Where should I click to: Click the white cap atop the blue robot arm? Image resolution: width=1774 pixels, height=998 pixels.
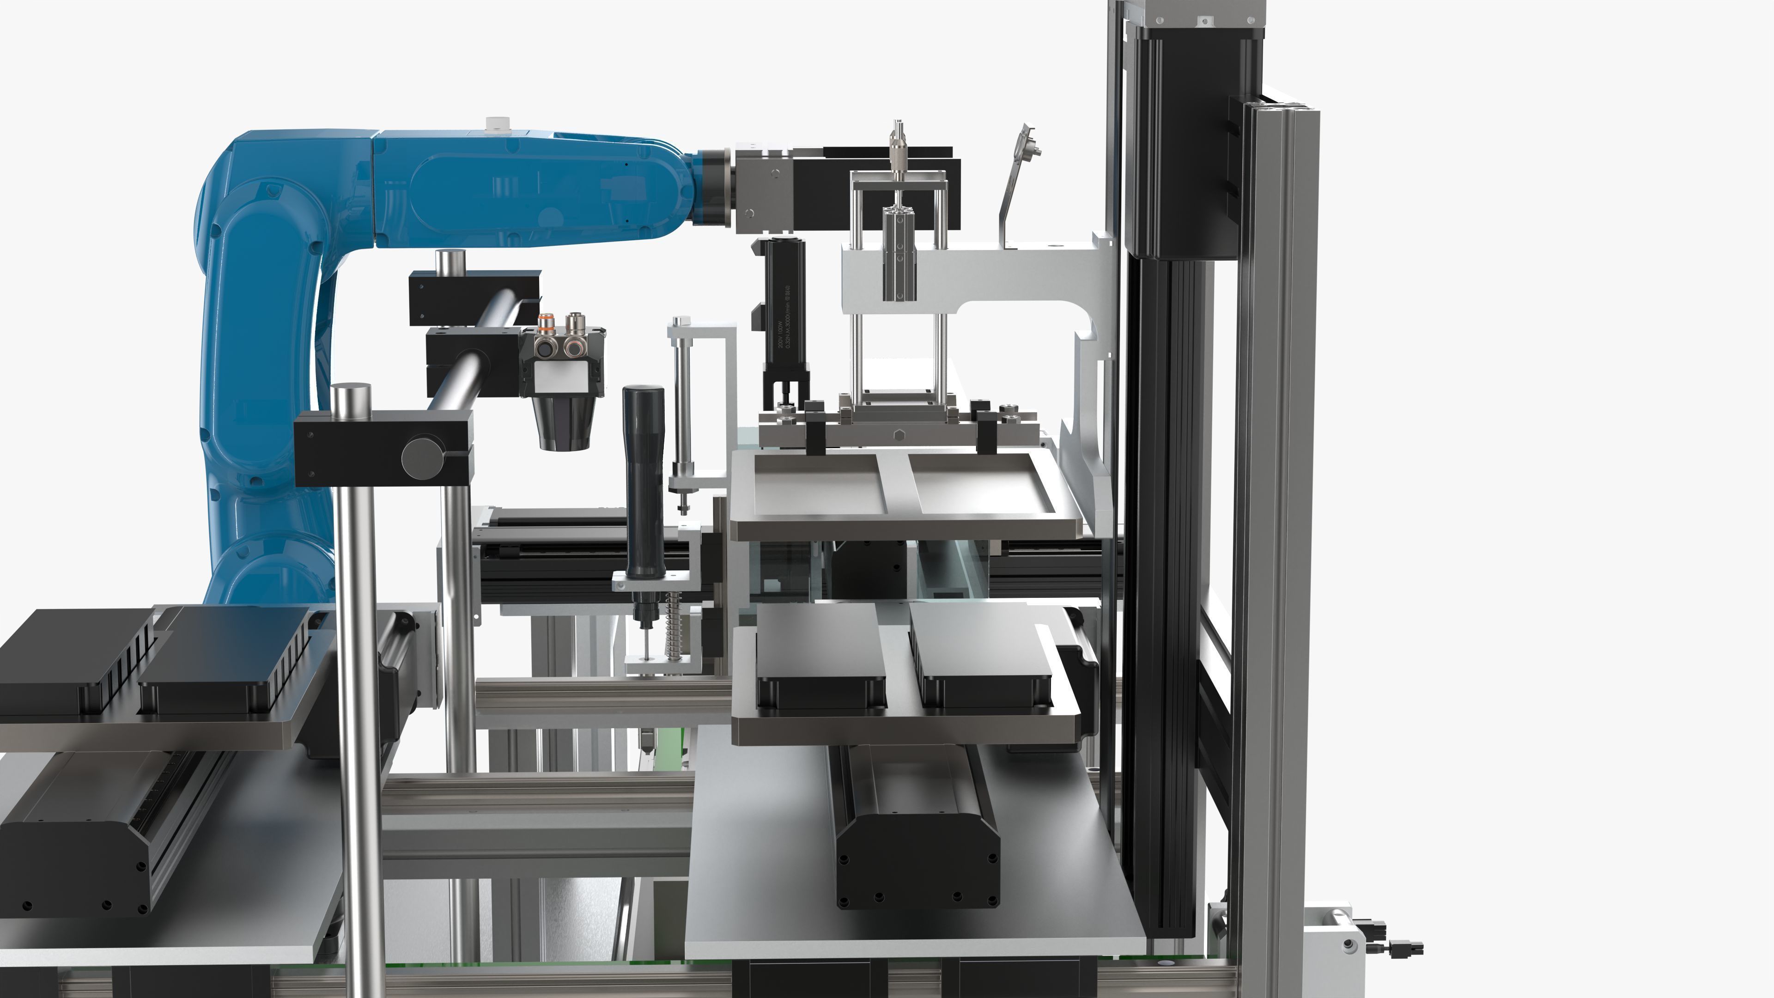tap(494, 125)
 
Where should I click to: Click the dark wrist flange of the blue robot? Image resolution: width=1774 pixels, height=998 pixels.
tap(716, 187)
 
